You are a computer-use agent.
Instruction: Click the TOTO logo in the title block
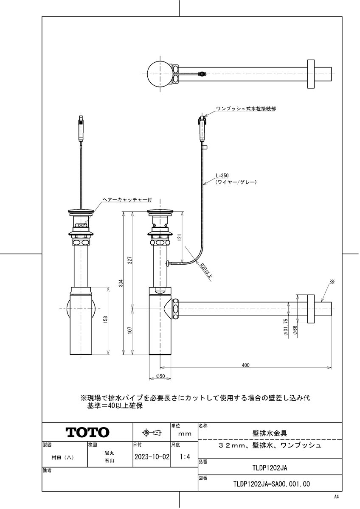tap(87, 432)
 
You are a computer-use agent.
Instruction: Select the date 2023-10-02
tap(152, 458)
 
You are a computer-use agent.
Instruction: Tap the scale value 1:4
tap(185, 458)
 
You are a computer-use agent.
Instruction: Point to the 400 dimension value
tap(245, 364)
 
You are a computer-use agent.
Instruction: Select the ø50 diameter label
tap(160, 376)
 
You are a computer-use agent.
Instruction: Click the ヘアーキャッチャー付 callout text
tap(127, 199)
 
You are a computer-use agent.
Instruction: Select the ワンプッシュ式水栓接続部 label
tap(246, 109)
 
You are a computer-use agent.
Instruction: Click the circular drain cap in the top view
tap(159, 74)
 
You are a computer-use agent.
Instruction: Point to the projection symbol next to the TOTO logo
tap(152, 433)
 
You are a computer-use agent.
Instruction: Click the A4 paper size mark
tap(336, 497)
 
